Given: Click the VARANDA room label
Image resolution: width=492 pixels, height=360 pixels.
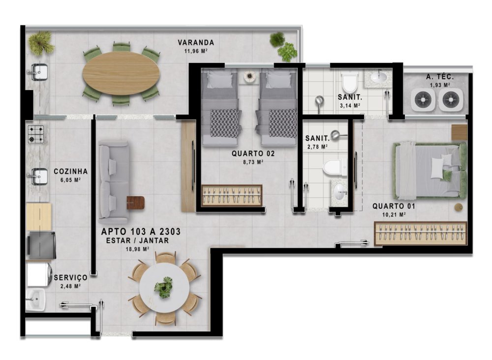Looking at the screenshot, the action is pos(196,42).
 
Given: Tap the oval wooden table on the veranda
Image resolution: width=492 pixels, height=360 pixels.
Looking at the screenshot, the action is pos(121,73).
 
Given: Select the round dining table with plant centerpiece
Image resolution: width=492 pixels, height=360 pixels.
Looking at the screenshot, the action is pos(164,288).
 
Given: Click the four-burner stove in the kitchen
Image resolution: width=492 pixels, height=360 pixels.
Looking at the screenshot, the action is pos(36,134).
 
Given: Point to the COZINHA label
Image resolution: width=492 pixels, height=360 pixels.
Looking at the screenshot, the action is pos(70,171).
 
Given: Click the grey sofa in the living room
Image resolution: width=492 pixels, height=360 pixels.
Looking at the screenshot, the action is pos(114,181).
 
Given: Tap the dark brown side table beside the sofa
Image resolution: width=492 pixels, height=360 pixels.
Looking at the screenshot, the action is pos(136,202).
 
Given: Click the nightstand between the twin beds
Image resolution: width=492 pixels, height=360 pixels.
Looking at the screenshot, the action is pos(249,76).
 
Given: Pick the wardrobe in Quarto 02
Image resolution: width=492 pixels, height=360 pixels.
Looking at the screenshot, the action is pos(232,196).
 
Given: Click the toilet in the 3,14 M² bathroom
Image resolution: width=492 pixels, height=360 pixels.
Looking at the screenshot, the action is pos(349,82).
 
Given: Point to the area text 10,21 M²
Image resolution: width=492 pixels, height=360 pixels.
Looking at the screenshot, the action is pos(394,215).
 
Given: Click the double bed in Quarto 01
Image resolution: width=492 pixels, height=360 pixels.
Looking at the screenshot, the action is pos(430,170).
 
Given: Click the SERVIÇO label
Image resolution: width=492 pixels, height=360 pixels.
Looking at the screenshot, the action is pos(70,278).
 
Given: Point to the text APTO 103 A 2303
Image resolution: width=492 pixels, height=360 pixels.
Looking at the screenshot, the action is pos(141,232).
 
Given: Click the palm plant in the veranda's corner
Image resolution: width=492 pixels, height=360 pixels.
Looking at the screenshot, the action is pos(40,43).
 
